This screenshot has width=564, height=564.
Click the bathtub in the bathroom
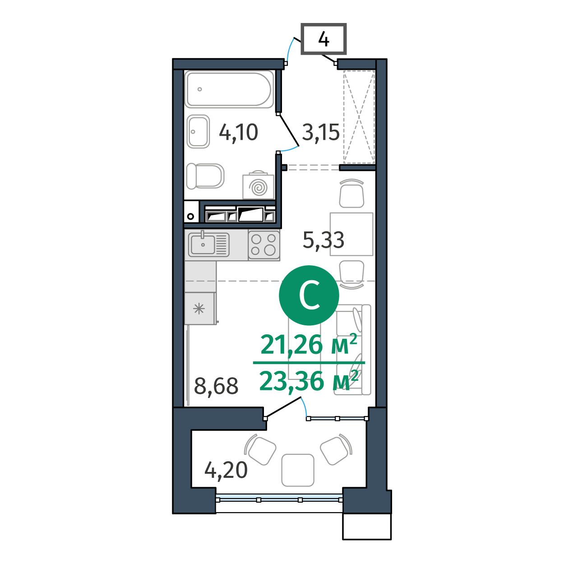click(229, 89)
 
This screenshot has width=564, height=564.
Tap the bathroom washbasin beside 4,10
click(198, 131)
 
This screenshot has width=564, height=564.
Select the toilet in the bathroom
click(205, 176)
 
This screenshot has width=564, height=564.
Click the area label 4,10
click(239, 132)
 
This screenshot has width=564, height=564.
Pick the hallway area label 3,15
click(321, 132)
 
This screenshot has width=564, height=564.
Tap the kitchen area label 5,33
click(324, 240)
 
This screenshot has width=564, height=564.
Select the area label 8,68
click(216, 386)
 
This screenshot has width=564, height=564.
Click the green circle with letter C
click(309, 296)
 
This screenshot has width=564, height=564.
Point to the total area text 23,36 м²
click(309, 380)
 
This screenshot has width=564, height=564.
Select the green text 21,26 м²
click(309, 344)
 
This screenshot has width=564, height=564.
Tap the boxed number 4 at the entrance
click(324, 39)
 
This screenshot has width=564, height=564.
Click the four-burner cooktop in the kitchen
click(264, 245)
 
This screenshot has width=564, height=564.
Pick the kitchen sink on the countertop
click(208, 244)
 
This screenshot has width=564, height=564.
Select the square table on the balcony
click(298, 470)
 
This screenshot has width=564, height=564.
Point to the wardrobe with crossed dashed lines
click(359, 117)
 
